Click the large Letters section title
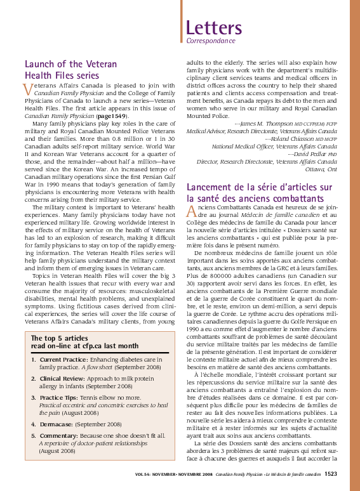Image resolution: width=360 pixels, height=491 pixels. coord(214,28)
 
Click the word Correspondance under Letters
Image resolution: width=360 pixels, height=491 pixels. coord(210,41)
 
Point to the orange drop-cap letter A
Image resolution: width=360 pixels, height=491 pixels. coord(191,211)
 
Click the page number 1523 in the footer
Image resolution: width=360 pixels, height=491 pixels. coord(331,473)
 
